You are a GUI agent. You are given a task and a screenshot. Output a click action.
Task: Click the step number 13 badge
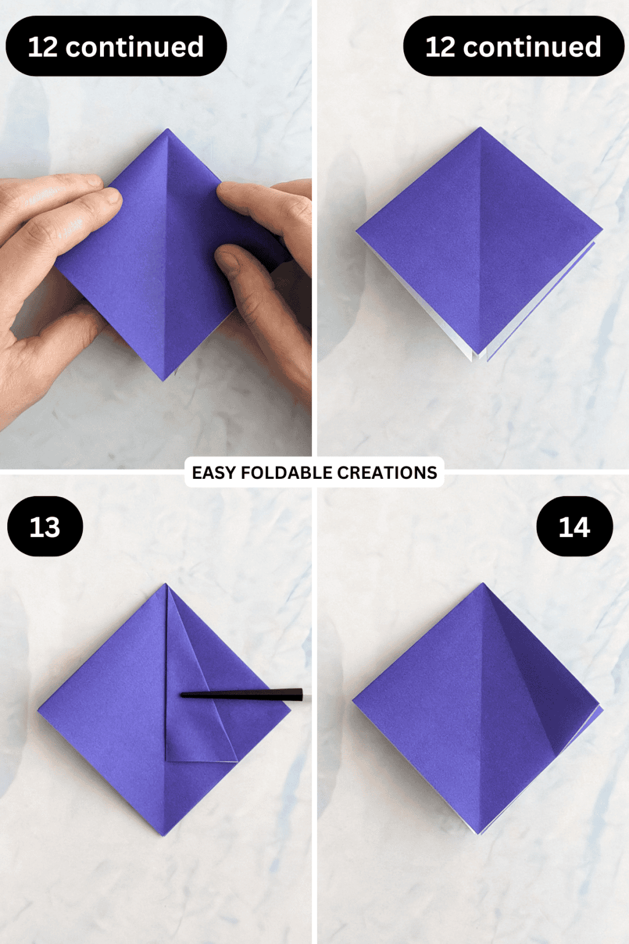[x=45, y=527]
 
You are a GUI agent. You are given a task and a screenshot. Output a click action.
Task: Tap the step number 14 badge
[x=574, y=527]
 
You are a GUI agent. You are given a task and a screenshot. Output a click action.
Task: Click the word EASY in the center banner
[x=214, y=473]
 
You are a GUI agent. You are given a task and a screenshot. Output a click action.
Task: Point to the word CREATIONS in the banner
[x=387, y=473]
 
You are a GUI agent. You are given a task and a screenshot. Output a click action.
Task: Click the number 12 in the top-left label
[x=42, y=47]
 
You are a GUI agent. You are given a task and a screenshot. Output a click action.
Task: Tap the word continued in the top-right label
[x=532, y=47]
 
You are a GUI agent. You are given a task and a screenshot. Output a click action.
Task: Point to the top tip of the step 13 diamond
[x=165, y=586]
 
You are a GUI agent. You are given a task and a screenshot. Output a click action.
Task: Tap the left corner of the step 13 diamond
[x=40, y=710]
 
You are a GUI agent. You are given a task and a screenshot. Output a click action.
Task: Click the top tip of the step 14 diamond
[x=483, y=585]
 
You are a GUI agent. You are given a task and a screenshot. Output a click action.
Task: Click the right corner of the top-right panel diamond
[x=601, y=229]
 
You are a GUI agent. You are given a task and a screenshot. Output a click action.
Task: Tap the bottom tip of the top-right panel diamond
[x=479, y=355]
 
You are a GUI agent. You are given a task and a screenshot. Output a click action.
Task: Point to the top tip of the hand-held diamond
[x=167, y=131]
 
